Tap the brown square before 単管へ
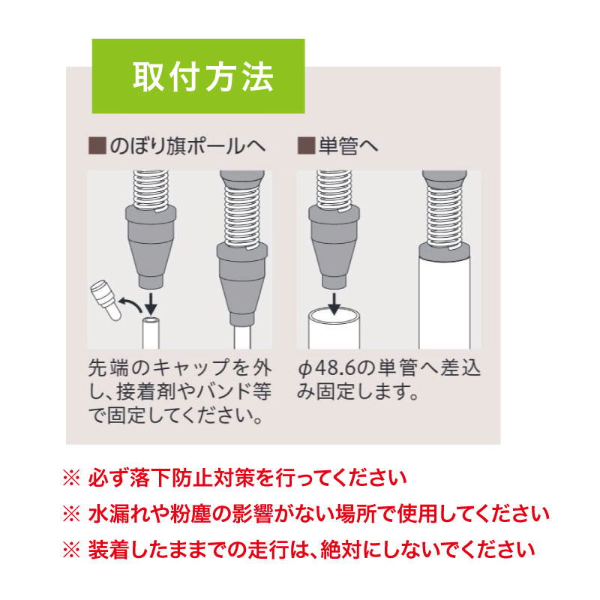pyautogui.click(x=305, y=145)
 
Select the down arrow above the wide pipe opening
pyautogui.click(x=335, y=303)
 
